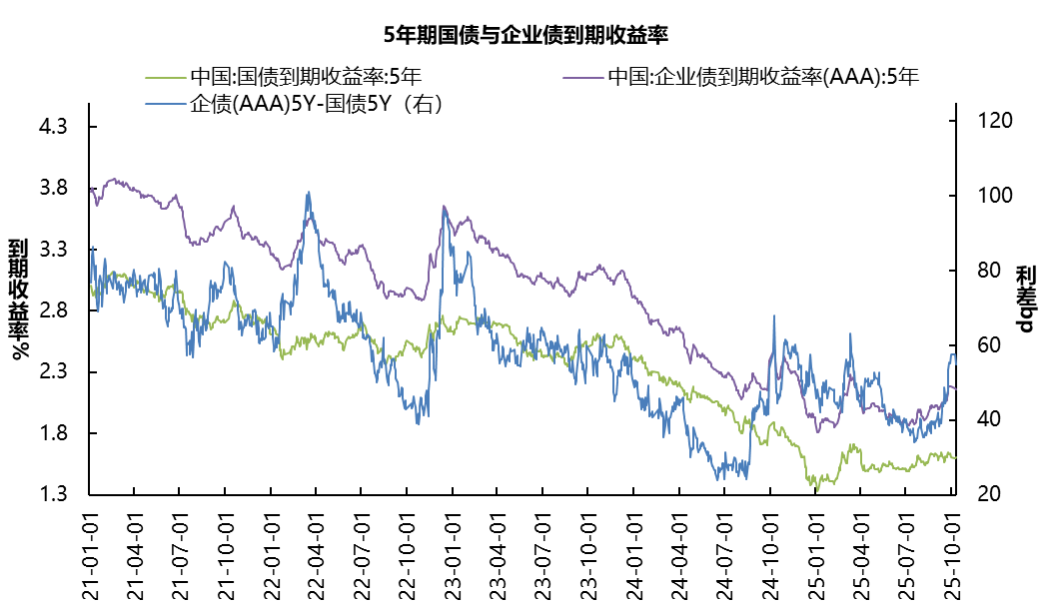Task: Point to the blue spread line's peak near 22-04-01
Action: pos(309,193)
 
